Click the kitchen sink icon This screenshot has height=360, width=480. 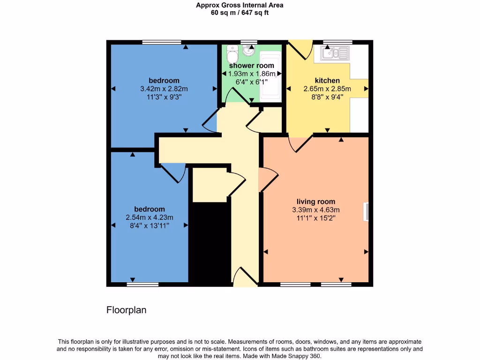(x=335, y=53)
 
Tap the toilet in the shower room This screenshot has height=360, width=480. (x=232, y=57)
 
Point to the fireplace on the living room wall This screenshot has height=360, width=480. (x=366, y=211)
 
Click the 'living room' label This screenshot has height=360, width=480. (x=315, y=202)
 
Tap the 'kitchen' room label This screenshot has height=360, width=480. (x=327, y=81)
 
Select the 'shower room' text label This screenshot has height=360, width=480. (x=251, y=66)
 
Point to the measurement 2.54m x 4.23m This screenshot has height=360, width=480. (x=150, y=217)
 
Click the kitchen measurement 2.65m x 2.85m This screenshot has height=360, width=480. (x=327, y=89)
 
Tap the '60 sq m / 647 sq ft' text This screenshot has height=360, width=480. (x=240, y=13)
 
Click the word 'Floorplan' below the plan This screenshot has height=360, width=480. (x=127, y=310)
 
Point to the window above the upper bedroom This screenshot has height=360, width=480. (x=162, y=42)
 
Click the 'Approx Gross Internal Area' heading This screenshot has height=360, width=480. (x=240, y=6)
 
